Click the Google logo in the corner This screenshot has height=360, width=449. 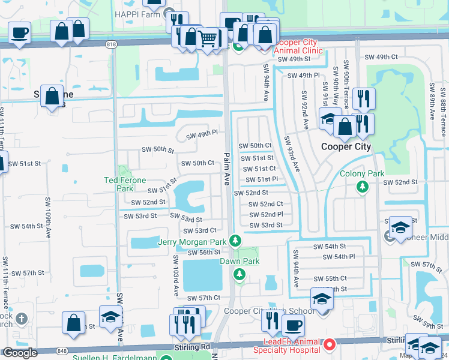[x=20, y=353]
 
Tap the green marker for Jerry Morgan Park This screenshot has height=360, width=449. [x=235, y=241]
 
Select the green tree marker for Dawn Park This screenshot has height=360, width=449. [x=240, y=274]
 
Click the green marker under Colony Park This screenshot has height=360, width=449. [x=362, y=187]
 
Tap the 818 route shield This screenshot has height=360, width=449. [x=110, y=44]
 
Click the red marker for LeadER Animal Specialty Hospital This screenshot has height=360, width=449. [x=330, y=345]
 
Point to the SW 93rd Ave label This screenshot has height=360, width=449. [x=292, y=154]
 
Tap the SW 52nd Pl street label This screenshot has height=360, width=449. [x=265, y=214]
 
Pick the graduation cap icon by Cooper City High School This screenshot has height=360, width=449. [x=322, y=298]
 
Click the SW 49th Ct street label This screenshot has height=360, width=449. [x=381, y=57]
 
